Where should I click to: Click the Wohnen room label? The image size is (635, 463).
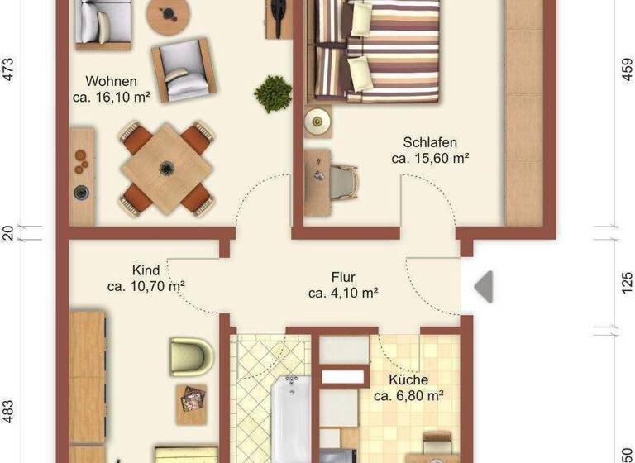pos(111,81)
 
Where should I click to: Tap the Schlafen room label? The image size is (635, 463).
pos(430,142)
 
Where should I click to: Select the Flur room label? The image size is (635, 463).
pos(343,278)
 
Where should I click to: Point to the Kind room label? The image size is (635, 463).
pos(146,270)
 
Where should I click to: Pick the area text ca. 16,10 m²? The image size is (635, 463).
pos(111,97)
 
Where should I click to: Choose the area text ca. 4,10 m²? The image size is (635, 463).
pos(343,293)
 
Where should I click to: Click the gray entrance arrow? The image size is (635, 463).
pos(483,286)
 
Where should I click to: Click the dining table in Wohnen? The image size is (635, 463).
pos(165,168)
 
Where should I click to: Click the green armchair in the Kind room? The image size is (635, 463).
pos(191,356)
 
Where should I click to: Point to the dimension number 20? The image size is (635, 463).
pos(9,232)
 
